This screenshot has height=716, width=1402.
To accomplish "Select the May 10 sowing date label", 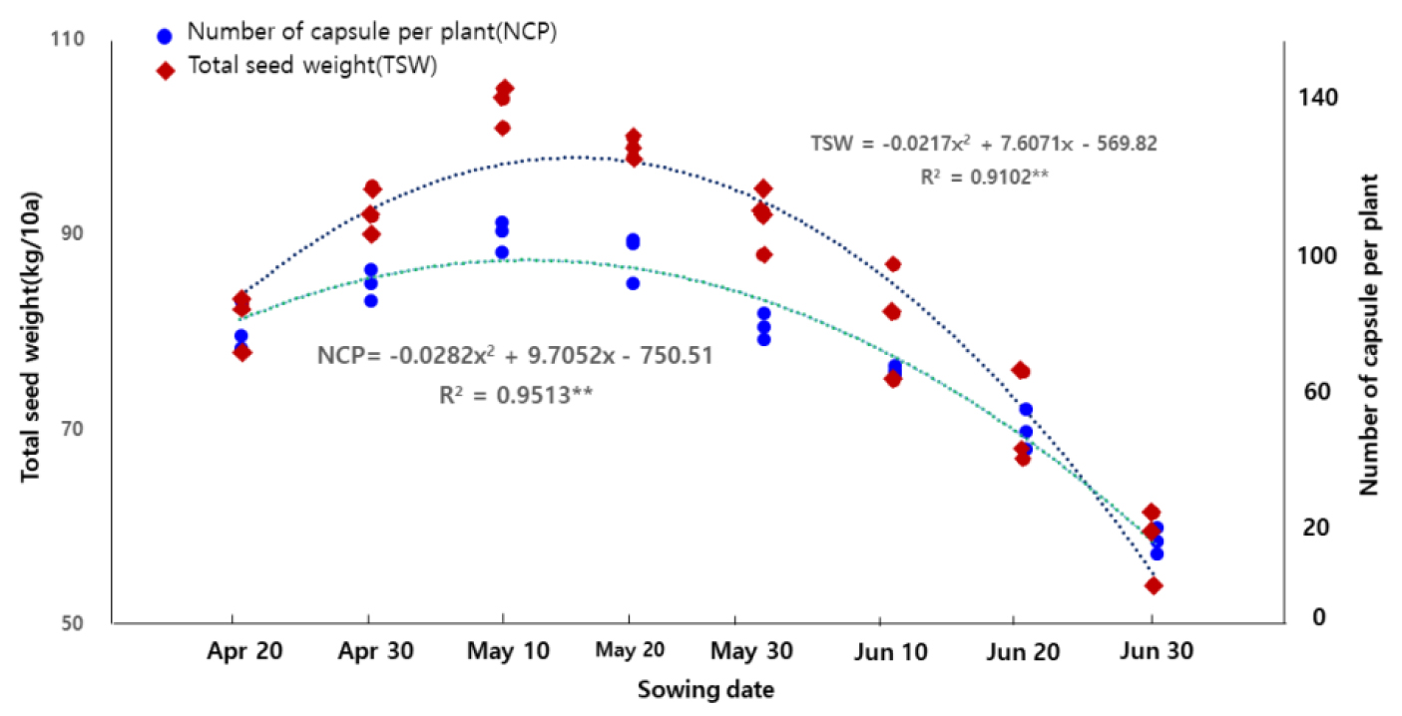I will point(501,651).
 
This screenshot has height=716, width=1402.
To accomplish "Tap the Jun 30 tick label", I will point(1152,651).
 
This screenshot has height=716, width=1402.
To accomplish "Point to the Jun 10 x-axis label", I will point(890,651).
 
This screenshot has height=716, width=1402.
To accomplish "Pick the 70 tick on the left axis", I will point(73,430).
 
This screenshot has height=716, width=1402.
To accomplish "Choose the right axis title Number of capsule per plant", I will point(1369,334).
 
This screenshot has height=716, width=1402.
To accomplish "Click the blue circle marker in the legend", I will point(166,35).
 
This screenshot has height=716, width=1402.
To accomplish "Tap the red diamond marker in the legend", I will point(166,70).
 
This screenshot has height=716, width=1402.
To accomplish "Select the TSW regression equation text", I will point(983,143).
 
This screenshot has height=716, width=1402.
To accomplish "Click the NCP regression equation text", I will point(515,356).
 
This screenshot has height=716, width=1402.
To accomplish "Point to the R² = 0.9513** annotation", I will point(515,395).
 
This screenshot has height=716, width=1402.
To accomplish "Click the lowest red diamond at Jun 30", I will point(1154,585).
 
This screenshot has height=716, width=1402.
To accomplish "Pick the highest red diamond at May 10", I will point(505,89).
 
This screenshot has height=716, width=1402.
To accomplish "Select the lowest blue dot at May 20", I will point(633,283).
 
